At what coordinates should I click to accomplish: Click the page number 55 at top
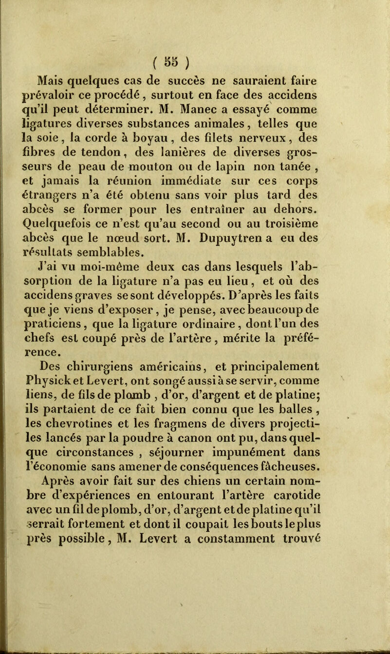(195, 51)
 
